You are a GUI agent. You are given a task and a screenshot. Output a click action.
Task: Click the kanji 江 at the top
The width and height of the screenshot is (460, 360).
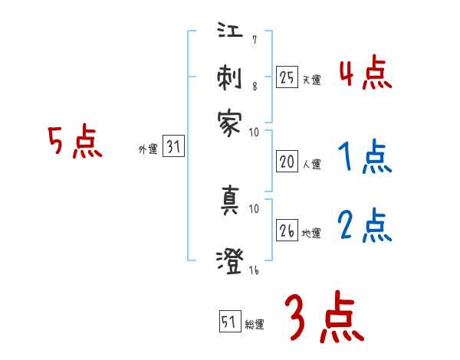tap(230, 34)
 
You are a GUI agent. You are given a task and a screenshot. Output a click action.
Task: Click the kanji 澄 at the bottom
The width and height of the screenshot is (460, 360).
tap(230, 260)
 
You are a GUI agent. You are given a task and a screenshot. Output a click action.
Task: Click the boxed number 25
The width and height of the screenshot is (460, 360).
tap(287, 77)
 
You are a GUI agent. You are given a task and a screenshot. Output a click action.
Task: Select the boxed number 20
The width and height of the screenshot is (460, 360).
tap(287, 162)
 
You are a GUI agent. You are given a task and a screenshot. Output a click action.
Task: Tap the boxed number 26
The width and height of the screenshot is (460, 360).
tap(287, 231)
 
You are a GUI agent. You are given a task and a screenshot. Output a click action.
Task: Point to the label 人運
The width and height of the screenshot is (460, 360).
tap(311, 164)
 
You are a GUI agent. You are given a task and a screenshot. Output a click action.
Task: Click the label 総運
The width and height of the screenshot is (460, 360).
tap(255, 325)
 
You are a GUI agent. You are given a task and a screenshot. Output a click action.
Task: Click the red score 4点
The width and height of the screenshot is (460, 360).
tap(365, 74)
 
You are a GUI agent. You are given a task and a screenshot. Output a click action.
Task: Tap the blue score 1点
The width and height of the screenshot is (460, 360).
tap(365, 158)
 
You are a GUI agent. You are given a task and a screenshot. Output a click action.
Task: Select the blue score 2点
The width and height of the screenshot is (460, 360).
tap(365, 226)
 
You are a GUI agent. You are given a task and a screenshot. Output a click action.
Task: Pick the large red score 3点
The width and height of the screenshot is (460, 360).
tap(324, 318)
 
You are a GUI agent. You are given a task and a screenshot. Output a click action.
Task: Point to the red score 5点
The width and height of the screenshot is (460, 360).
tap(75, 142)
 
